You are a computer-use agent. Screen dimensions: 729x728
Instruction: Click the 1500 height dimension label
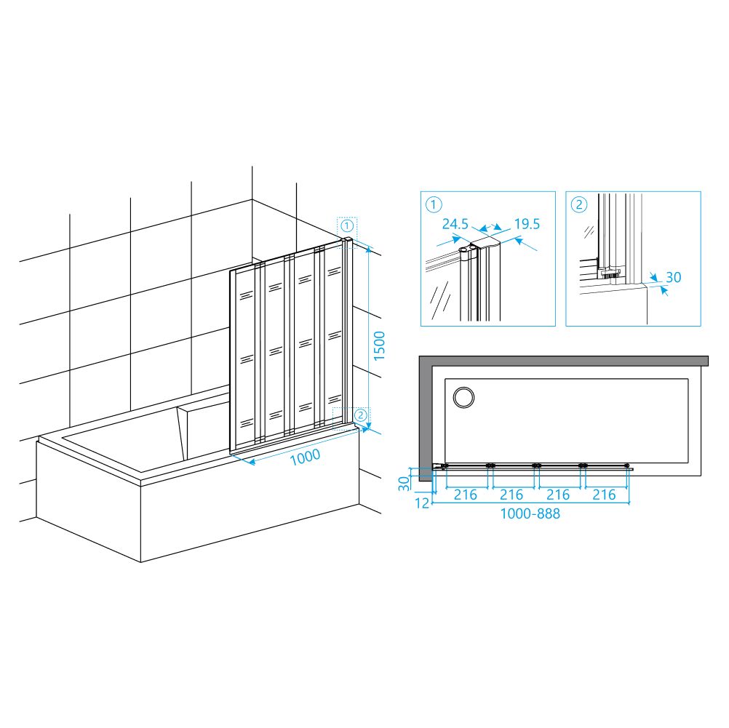(379, 345)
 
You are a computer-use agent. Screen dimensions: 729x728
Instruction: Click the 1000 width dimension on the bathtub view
(305, 457)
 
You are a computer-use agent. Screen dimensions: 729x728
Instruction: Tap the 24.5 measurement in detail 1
(455, 224)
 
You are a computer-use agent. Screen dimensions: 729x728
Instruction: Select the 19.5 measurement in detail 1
(527, 224)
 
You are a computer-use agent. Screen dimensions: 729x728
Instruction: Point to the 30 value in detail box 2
(673, 278)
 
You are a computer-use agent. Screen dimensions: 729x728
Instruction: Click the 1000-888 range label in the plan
(530, 513)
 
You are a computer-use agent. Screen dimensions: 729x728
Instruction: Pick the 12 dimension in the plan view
(422, 503)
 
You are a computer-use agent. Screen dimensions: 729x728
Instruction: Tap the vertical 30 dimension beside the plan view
(405, 483)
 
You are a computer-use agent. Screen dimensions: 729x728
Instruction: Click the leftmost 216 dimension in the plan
(466, 495)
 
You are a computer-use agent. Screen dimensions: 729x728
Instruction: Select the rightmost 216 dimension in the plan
(604, 495)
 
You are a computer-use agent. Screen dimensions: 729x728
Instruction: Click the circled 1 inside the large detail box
(434, 204)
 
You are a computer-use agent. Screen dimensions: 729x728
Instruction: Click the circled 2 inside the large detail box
(579, 204)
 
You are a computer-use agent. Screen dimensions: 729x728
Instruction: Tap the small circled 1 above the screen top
(347, 226)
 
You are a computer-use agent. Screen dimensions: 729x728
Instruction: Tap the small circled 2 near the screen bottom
(361, 415)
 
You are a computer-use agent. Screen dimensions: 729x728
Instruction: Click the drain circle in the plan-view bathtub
(463, 398)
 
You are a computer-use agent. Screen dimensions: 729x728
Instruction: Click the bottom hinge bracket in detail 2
(608, 273)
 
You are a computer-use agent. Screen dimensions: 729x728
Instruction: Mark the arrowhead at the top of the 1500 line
(369, 250)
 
